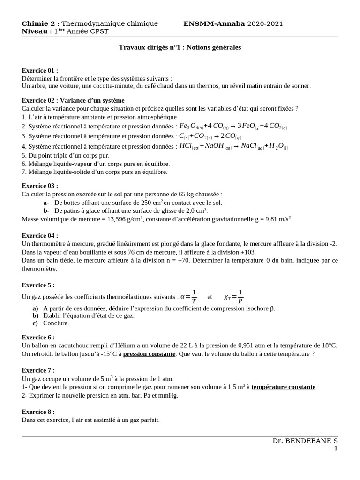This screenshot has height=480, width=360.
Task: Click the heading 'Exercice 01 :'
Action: click(40, 70)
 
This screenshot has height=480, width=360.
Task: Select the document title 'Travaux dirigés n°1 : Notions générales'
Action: click(180, 47)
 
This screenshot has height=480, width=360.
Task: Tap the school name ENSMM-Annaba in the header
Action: click(214, 23)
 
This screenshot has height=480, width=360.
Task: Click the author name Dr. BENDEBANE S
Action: click(305, 441)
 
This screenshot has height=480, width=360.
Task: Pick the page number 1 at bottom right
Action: click(336, 449)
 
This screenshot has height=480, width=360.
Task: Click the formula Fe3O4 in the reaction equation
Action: click(191, 126)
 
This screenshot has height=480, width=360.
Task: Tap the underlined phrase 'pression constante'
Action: click(149, 353)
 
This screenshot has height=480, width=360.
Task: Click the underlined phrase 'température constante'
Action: click(283, 387)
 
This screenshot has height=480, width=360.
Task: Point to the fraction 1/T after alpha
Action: click(194, 296)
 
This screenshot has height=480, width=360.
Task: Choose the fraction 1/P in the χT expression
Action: click(240, 296)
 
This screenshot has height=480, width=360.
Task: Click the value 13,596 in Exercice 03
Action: click(119, 219)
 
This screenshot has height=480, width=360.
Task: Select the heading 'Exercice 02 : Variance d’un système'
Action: click(73, 100)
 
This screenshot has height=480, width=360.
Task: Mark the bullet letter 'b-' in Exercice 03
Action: click(46, 210)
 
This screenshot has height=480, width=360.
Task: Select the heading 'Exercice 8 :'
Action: click(38, 412)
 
